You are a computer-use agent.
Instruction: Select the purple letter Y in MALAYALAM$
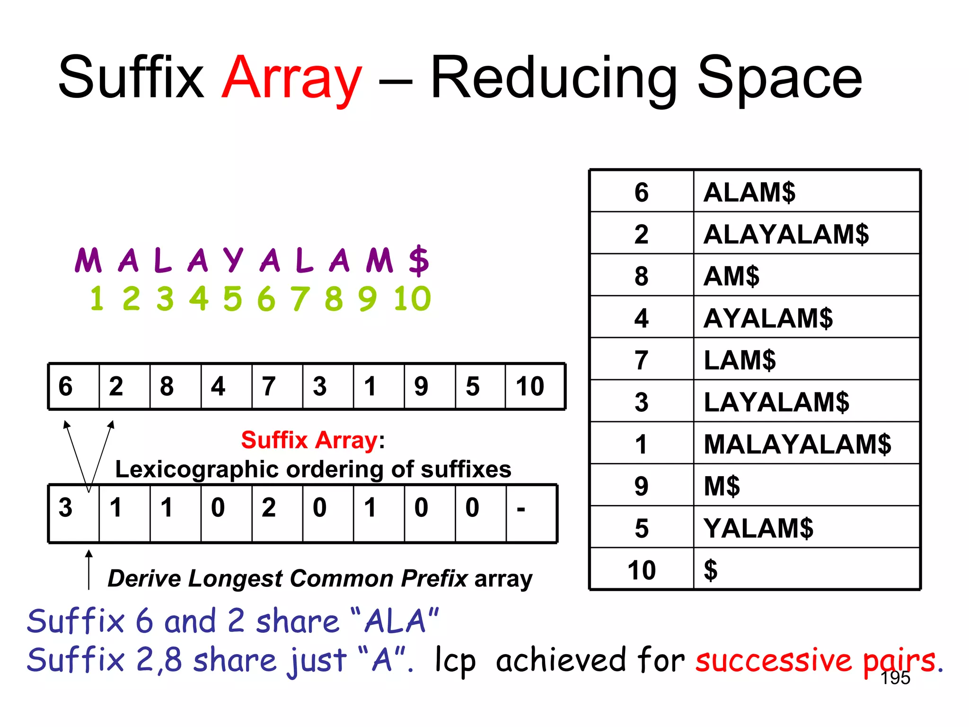[x=233, y=260]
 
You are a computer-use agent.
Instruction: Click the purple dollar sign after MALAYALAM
[x=419, y=260]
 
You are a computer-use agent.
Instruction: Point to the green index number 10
[x=412, y=299]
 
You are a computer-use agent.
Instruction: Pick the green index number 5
[x=232, y=299]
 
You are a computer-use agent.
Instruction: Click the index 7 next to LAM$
[x=641, y=360]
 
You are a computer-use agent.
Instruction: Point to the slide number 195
[x=895, y=678]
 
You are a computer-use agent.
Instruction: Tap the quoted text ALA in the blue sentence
[x=395, y=621]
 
